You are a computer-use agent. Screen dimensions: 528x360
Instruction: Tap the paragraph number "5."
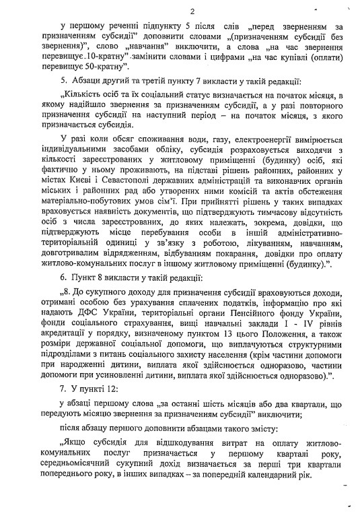pyautogui.click(x=62, y=82)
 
